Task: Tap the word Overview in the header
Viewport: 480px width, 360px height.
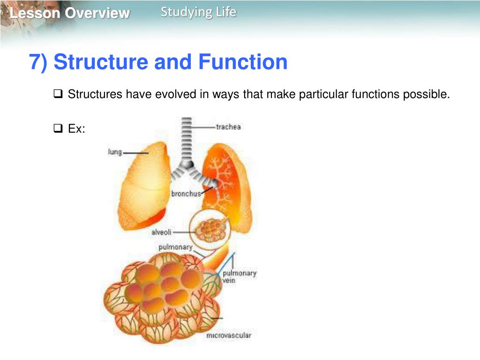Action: coord(97,13)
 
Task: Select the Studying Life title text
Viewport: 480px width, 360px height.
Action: coord(198,12)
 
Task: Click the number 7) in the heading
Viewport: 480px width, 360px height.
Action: coord(38,62)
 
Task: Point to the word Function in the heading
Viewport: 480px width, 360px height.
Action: coord(242,62)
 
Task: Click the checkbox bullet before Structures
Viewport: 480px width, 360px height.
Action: coord(58,94)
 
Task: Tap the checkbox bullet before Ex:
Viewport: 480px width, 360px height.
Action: coord(58,128)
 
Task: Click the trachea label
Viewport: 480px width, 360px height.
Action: coord(228,127)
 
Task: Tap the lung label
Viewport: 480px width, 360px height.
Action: coord(115,152)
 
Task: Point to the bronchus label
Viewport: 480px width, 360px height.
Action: coord(186,194)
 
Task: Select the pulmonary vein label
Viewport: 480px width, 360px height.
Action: coord(239,277)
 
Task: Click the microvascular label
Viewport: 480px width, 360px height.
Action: coord(228,335)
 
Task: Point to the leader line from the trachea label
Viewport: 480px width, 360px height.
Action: coord(204,127)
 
